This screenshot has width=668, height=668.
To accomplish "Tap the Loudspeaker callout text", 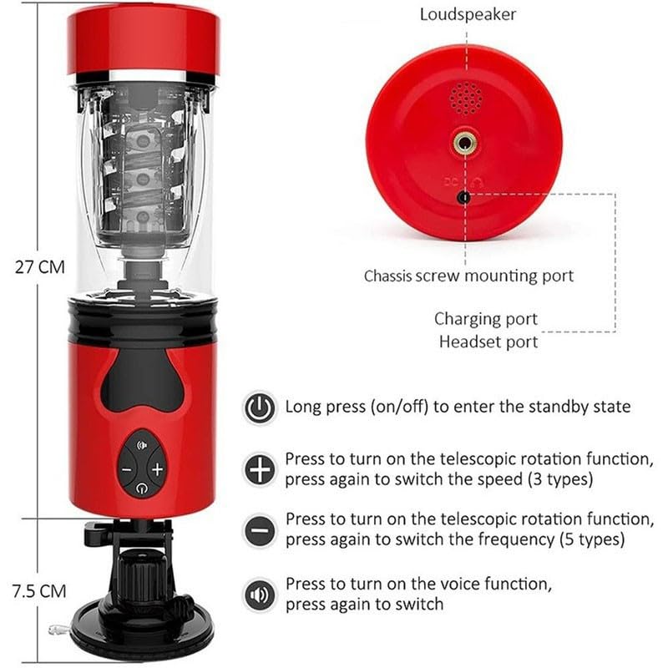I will (468, 14).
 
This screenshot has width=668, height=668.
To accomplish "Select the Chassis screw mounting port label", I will (468, 276).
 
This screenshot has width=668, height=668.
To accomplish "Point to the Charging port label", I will (486, 319).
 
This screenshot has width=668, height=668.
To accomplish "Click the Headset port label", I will (488, 342).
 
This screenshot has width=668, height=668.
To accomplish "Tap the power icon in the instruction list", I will (260, 407).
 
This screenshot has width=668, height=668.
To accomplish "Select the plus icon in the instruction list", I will (260, 469).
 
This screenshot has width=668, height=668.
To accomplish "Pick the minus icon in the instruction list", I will (260, 530).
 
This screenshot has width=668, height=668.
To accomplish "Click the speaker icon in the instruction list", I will (260, 593).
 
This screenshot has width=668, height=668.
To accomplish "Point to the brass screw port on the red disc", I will (465, 143).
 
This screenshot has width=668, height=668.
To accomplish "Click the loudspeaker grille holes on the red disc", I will (465, 99).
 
